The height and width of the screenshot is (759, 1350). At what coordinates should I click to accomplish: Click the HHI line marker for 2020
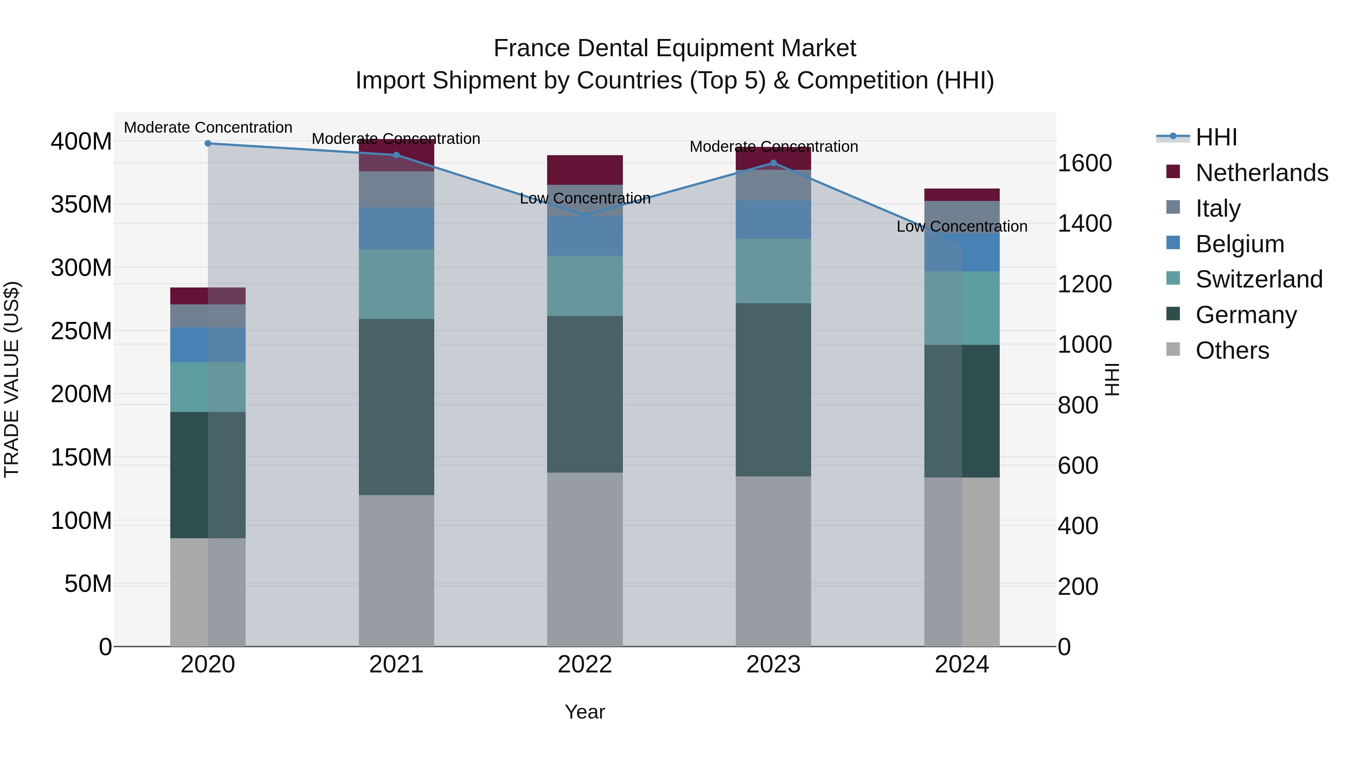[208, 144]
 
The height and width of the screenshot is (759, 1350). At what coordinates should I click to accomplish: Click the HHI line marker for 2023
[774, 163]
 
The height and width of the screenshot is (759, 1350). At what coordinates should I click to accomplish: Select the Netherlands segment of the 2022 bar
[585, 170]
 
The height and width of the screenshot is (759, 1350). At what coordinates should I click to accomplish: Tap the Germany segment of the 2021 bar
[396, 406]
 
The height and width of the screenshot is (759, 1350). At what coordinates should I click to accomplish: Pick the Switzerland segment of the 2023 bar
[774, 271]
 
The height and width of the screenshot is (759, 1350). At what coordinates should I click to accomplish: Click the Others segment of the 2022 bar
[585, 559]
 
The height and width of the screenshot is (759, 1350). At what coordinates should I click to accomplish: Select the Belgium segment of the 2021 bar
[396, 228]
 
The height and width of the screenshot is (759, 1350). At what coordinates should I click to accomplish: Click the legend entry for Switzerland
[1259, 279]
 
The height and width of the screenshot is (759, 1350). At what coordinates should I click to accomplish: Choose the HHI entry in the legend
[1216, 137]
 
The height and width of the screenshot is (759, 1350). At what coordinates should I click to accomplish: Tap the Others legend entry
[1231, 350]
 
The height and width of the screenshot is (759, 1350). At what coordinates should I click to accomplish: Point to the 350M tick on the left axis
[81, 204]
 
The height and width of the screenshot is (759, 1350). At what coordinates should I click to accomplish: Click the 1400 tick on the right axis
[1084, 224]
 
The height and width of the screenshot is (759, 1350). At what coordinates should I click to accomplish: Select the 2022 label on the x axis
[585, 665]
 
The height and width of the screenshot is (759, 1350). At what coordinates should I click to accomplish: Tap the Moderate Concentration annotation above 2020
[208, 127]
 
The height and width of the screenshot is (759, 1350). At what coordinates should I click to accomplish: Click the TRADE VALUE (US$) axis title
[12, 379]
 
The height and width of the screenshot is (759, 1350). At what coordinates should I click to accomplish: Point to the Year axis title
[585, 712]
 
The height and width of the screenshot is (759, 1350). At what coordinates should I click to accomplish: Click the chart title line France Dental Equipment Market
[675, 48]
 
